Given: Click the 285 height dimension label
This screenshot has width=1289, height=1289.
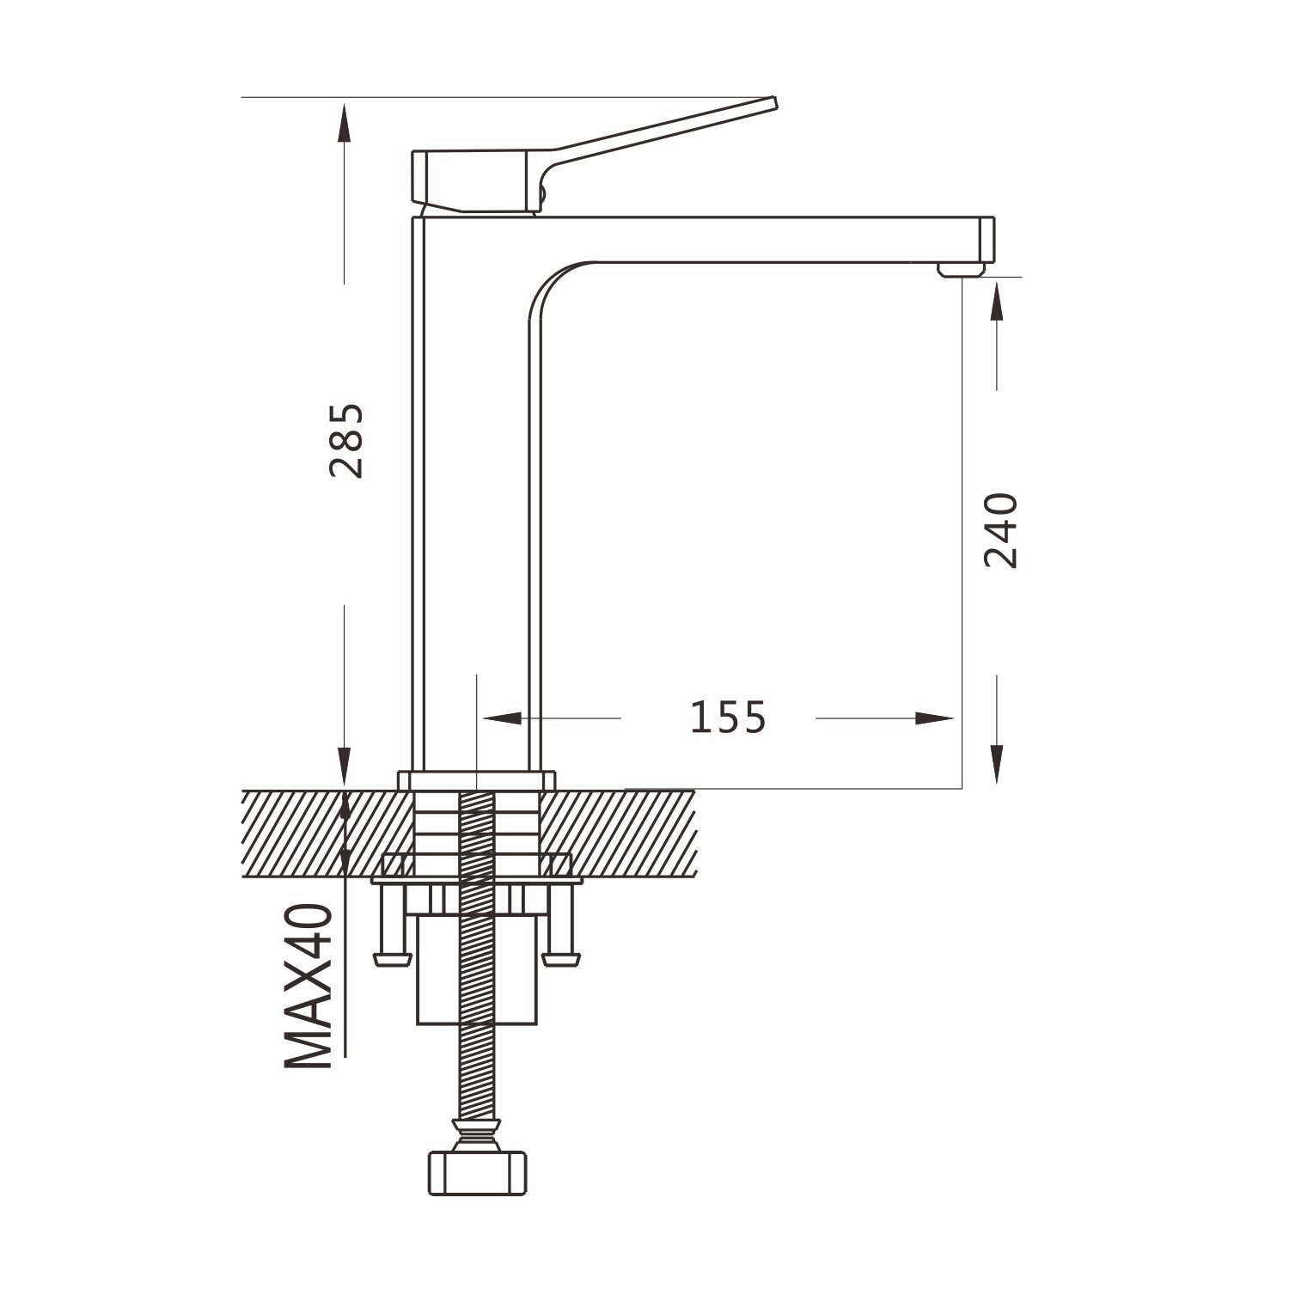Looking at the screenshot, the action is click(x=347, y=440).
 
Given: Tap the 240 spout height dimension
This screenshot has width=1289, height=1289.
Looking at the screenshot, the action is click(x=1001, y=530).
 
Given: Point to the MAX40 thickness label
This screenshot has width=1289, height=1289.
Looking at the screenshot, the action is click(x=309, y=986).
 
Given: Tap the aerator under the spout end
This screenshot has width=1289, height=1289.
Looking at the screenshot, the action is click(x=960, y=270).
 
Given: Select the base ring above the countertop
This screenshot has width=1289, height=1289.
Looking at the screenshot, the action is click(x=476, y=780).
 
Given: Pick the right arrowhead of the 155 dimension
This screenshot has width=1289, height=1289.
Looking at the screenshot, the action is click(x=935, y=718).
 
